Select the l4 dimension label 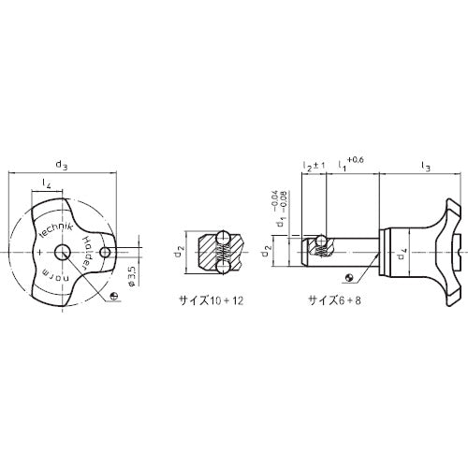(46, 183)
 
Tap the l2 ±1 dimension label (313, 166)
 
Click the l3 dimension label (425, 167)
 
